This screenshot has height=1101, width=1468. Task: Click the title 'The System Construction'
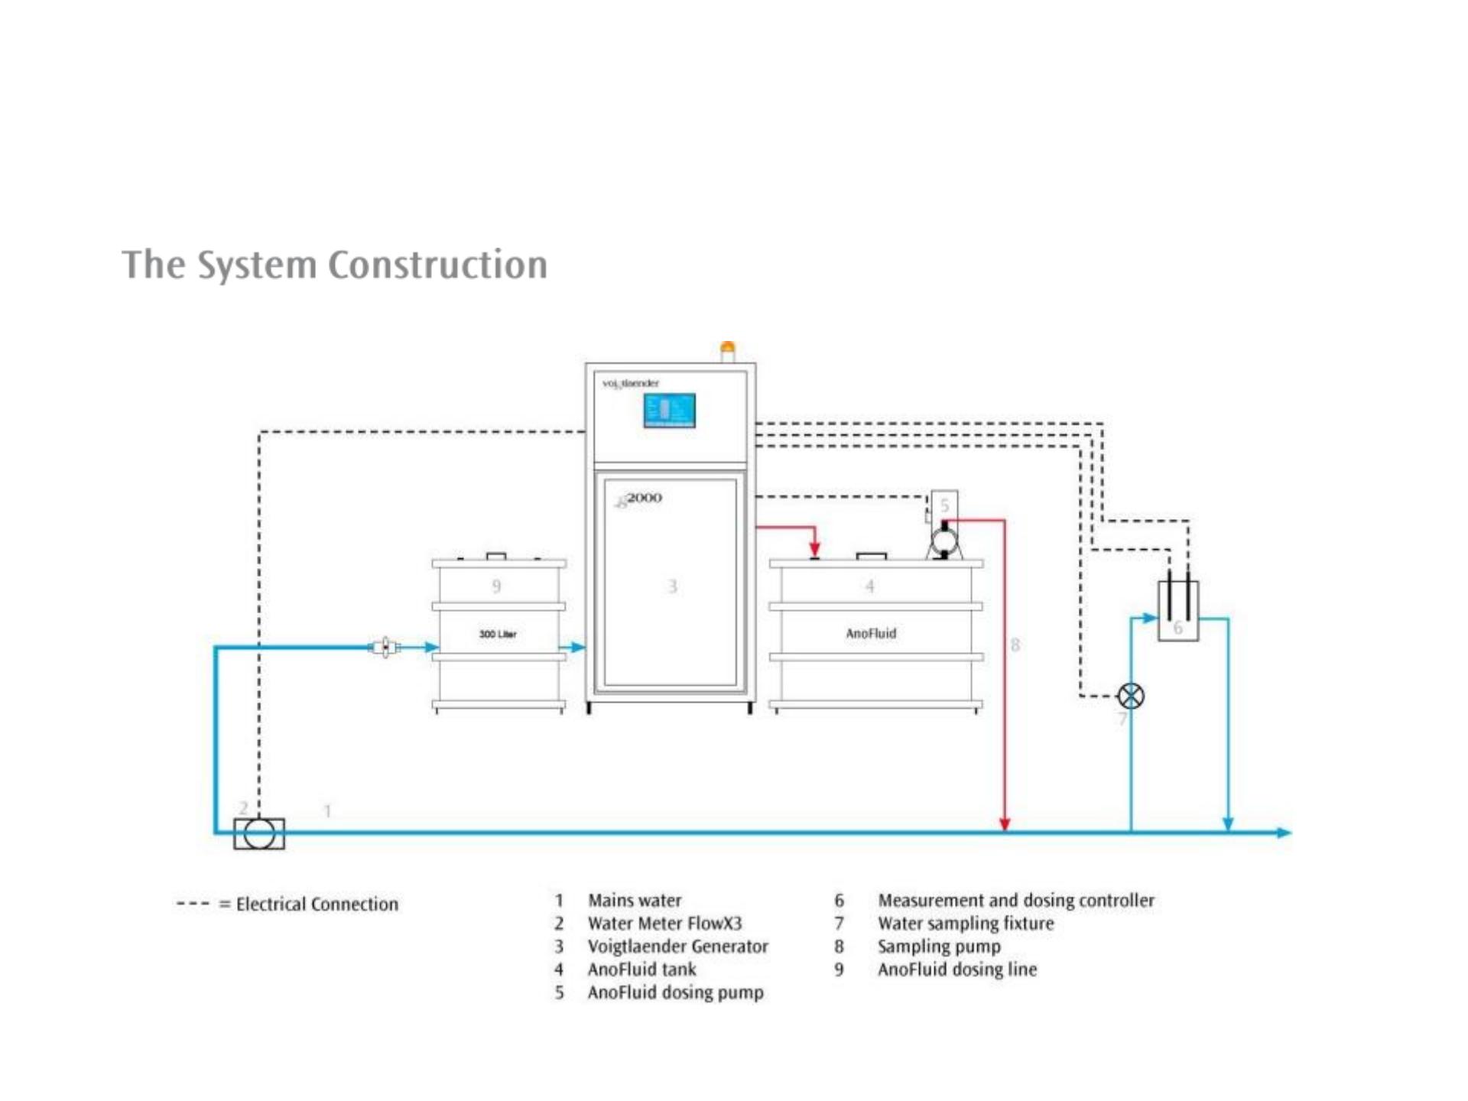point(334,265)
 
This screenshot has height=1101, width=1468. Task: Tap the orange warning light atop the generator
point(728,350)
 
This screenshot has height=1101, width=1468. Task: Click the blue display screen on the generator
point(669,411)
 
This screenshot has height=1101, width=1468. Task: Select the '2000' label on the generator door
point(644,498)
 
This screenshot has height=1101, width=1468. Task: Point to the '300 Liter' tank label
point(498,634)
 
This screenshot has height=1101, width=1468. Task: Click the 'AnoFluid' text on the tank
point(871,633)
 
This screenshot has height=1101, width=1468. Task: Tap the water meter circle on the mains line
point(259,833)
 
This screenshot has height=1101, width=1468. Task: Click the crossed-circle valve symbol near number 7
point(1131,696)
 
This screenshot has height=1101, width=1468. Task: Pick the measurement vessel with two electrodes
point(1178,612)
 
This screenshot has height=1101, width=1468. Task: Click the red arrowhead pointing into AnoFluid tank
point(815,548)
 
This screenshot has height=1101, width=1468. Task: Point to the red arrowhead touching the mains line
point(1005,824)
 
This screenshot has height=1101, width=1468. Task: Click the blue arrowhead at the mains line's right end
point(1284,833)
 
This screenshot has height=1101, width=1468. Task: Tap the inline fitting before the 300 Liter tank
point(386,648)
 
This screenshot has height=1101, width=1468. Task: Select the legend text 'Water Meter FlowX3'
point(664,924)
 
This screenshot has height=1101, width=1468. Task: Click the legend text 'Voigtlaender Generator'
point(677,947)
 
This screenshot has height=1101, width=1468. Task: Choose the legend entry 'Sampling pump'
point(939,947)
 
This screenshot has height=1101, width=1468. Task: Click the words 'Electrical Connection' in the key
point(317,905)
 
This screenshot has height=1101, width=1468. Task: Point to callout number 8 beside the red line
point(1015,645)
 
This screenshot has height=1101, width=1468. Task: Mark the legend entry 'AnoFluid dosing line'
point(957,969)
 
